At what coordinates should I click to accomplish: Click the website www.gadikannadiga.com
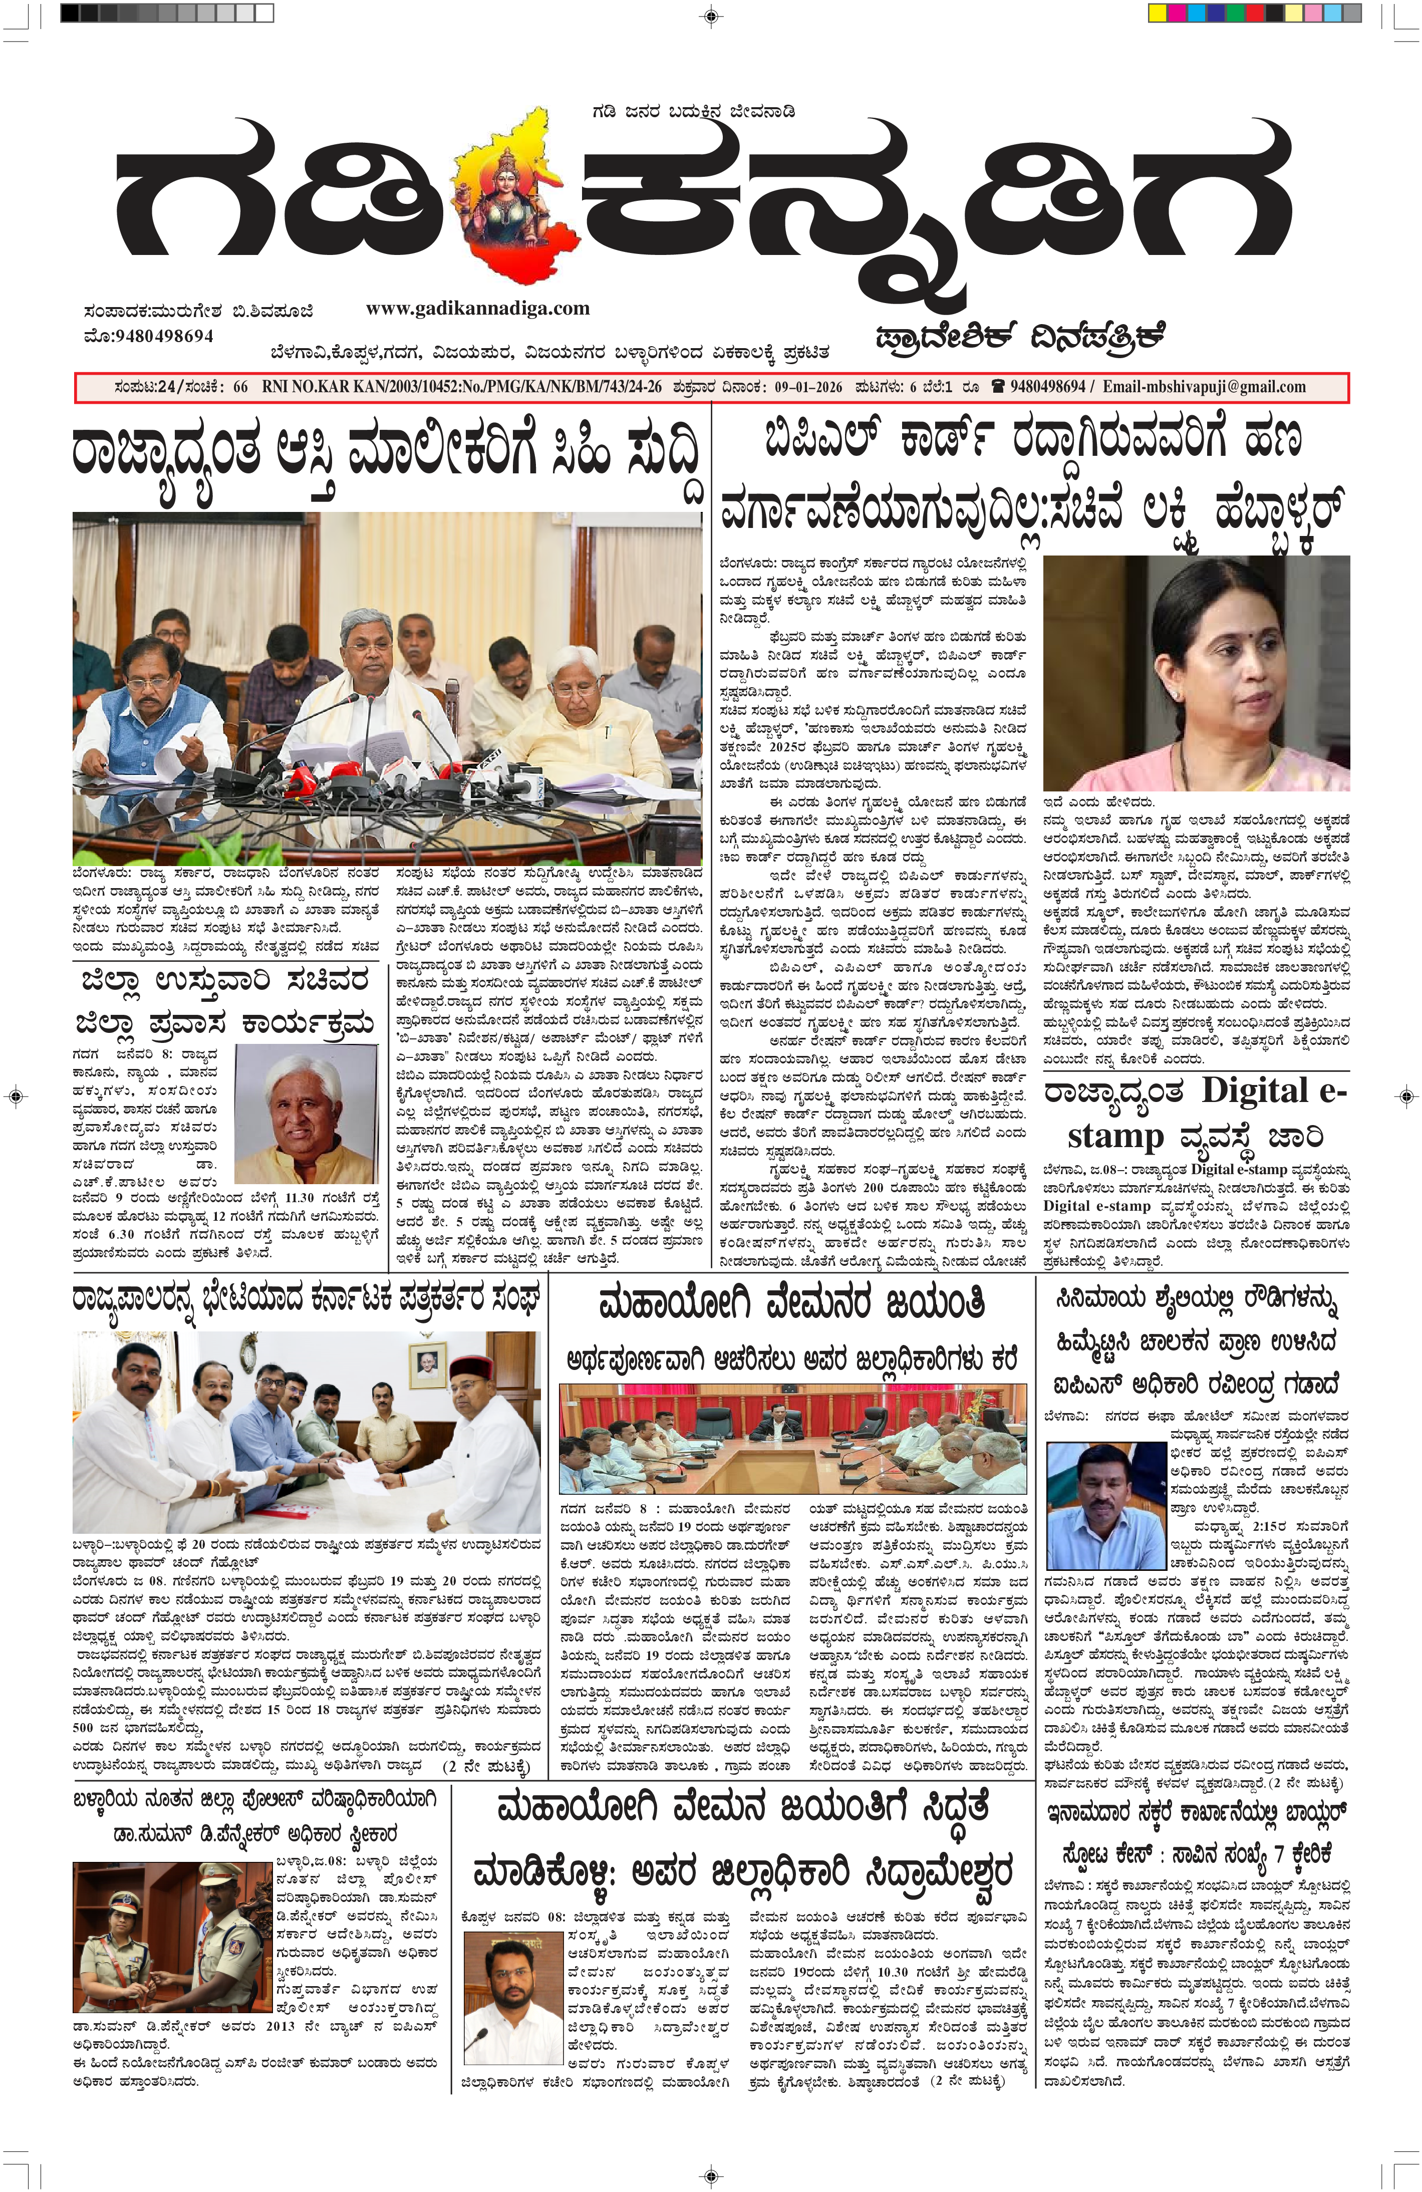click(x=477, y=309)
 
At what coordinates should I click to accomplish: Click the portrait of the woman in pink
click(x=1196, y=672)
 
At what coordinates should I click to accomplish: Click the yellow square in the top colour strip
click(x=1157, y=13)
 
